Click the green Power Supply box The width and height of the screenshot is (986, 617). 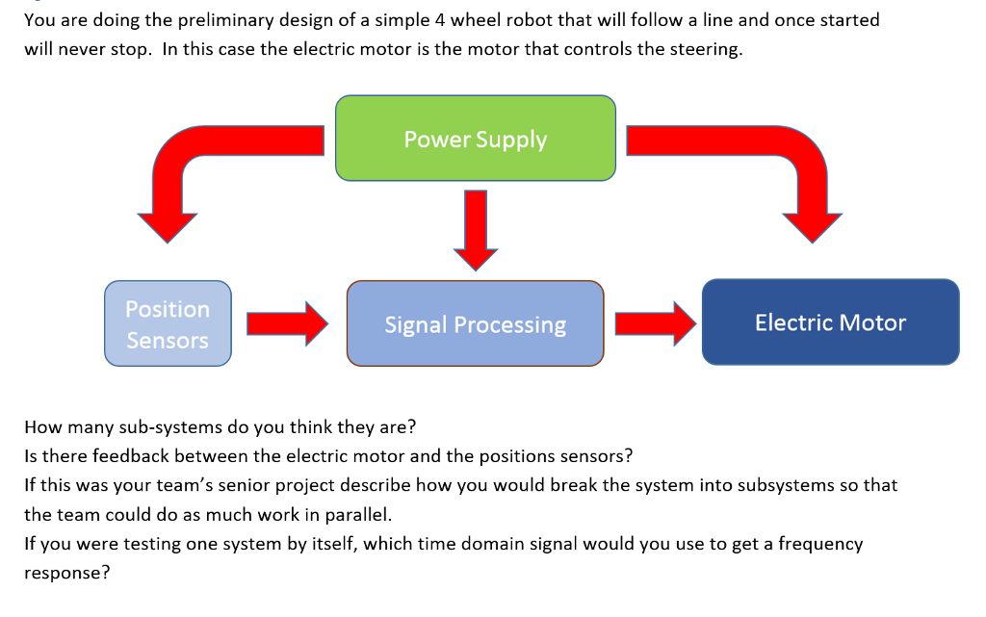(x=476, y=139)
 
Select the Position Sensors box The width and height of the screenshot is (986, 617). (x=168, y=323)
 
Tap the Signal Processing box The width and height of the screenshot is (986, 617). (x=476, y=323)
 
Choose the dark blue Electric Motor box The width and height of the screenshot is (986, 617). (x=831, y=321)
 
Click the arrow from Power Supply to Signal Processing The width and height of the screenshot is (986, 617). (x=476, y=230)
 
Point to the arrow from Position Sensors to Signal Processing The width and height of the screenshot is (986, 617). (x=287, y=323)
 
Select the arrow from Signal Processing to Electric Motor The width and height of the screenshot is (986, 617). (x=656, y=323)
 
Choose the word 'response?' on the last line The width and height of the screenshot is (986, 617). (x=67, y=574)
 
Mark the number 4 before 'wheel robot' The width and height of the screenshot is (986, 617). (x=439, y=20)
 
